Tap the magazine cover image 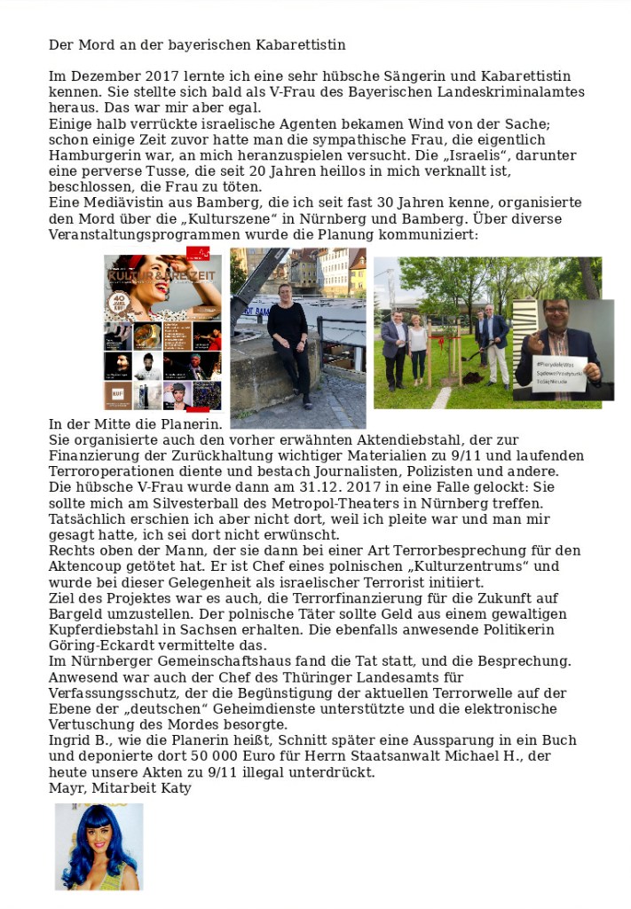click(162, 333)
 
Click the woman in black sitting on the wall click(289, 337)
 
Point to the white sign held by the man click(559, 372)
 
